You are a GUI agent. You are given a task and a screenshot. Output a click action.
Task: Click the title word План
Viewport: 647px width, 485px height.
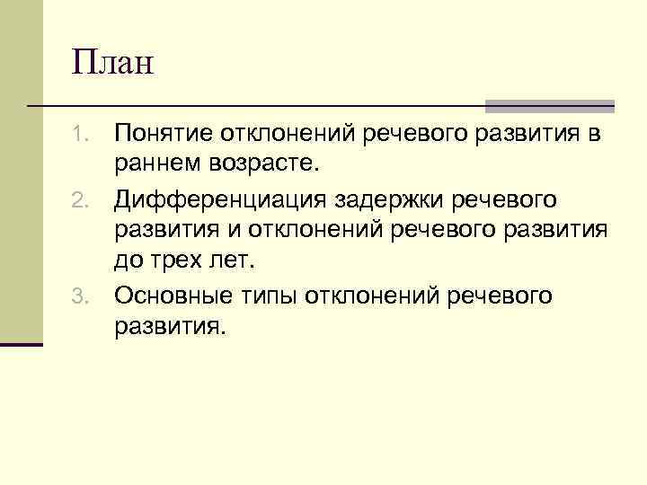click(114, 64)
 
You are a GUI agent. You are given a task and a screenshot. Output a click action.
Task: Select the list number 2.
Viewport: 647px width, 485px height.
click(79, 198)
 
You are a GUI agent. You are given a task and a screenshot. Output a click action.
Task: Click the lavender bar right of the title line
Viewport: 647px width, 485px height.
click(550, 105)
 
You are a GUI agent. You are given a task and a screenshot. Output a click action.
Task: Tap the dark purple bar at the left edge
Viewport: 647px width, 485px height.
click(22, 343)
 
